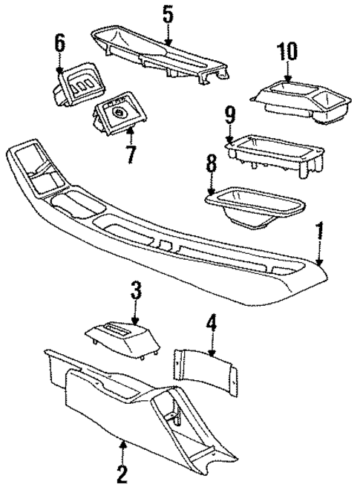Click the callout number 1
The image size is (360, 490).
pos(321,232)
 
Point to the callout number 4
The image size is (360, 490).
pos(212,324)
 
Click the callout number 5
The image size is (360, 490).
pos(168,15)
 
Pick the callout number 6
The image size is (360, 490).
pos(60,43)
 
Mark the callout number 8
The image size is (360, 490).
pos(211,163)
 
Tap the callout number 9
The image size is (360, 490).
pos(229,114)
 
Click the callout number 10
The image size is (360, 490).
pos(287,52)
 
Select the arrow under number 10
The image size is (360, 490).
pos(287,72)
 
